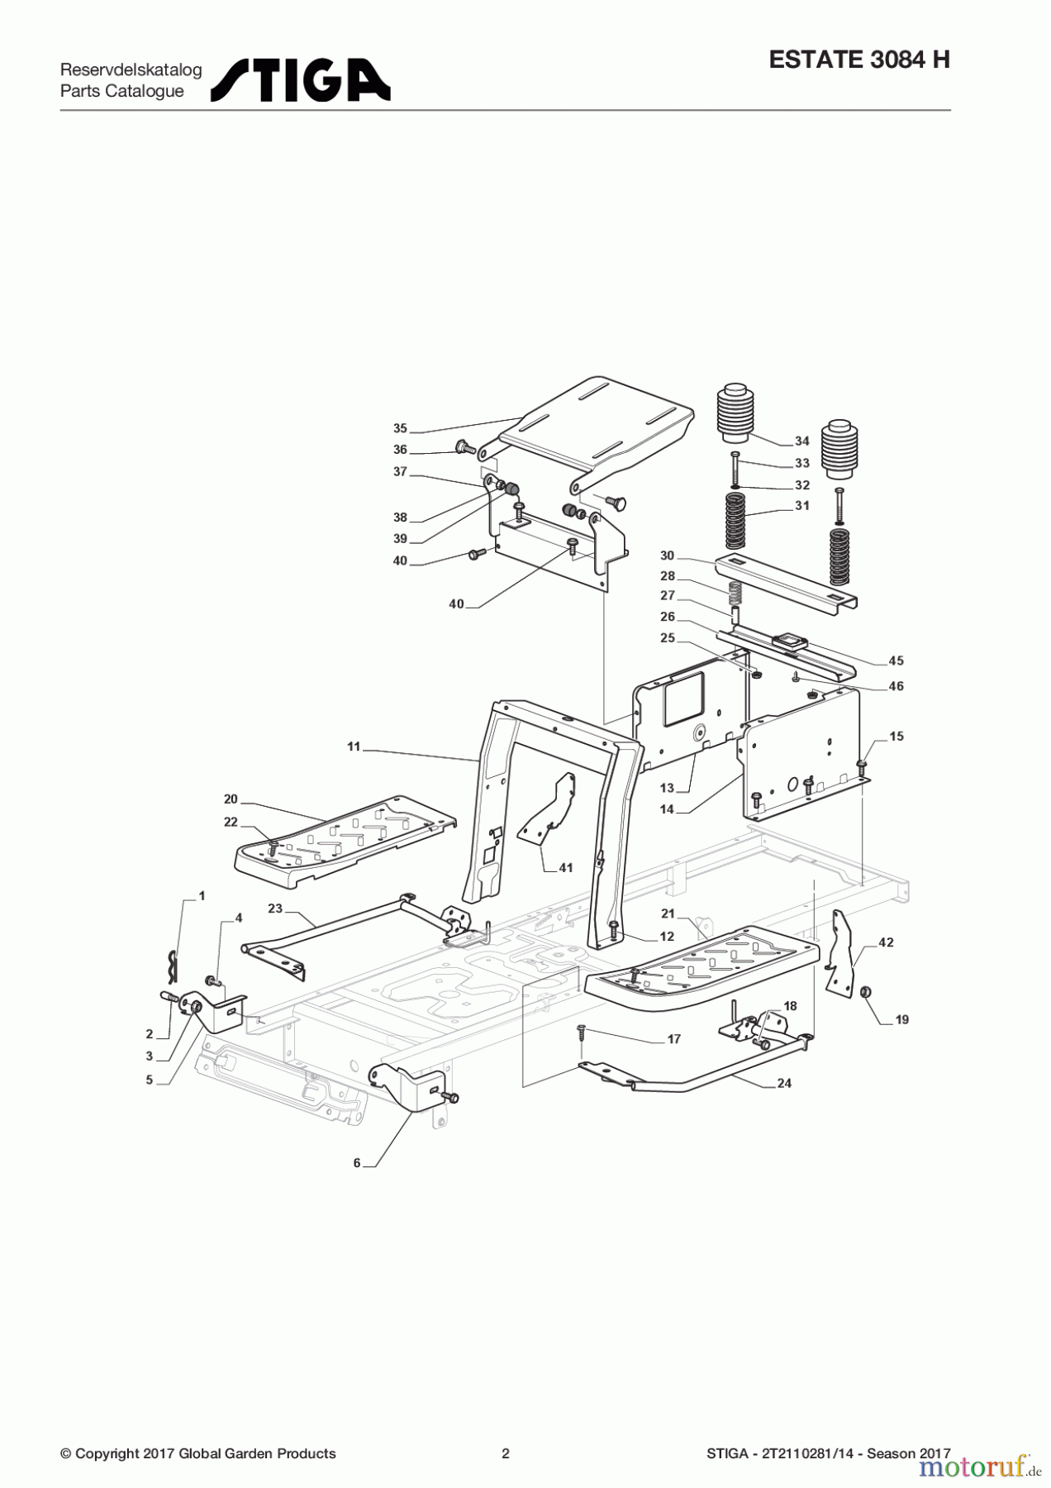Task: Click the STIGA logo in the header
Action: [301, 80]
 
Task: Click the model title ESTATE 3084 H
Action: [859, 60]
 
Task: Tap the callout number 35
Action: [400, 428]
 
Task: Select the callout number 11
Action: [354, 746]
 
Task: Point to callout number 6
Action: [357, 1163]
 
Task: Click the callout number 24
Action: [784, 1083]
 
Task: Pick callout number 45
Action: [896, 661]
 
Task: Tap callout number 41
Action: [565, 868]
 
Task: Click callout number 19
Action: [901, 1020]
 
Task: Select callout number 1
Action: [202, 896]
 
